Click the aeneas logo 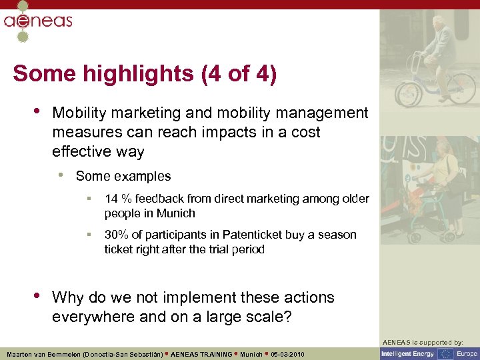[x=37, y=21]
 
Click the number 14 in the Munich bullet [x=111, y=199]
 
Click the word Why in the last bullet [x=69, y=297]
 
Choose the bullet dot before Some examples [x=61, y=176]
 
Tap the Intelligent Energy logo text [x=408, y=354]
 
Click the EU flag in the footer [x=445, y=354]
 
